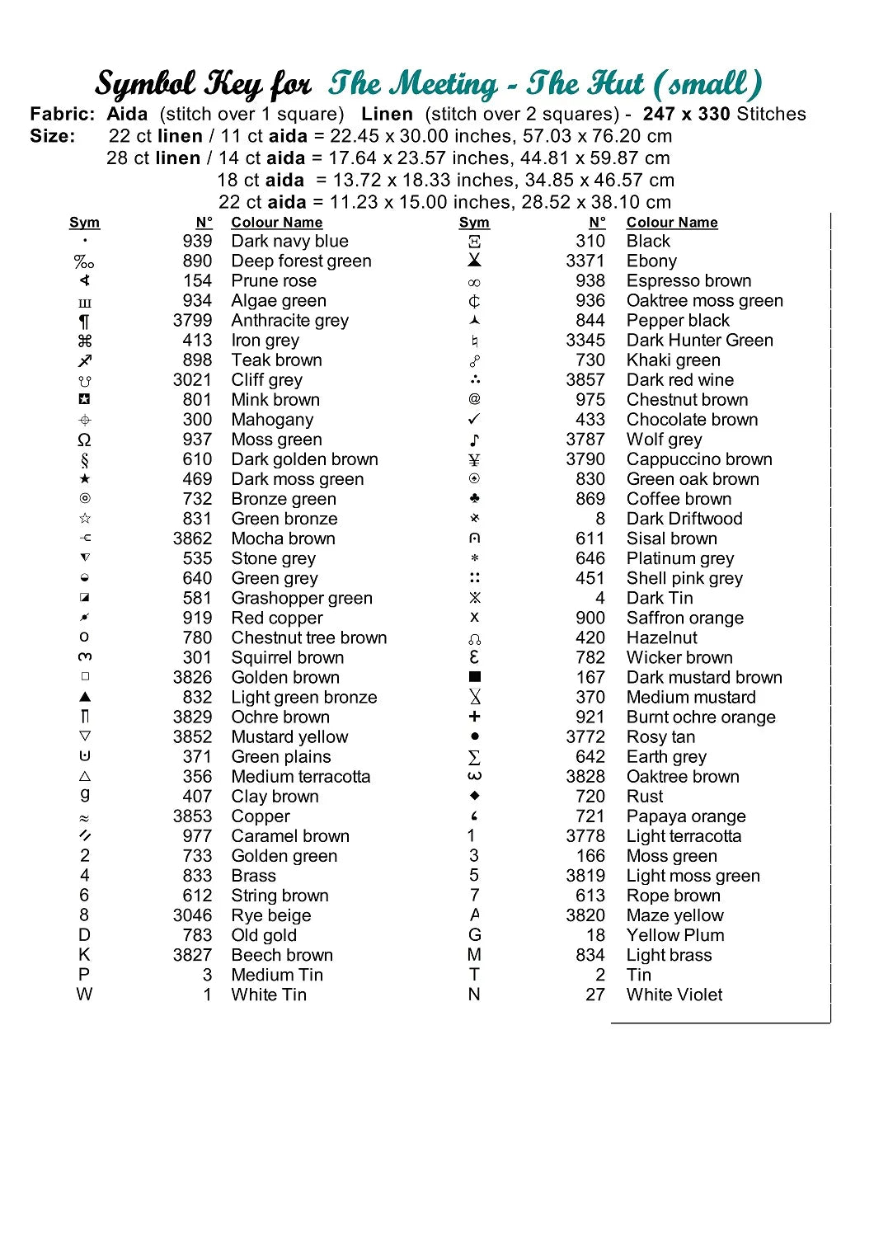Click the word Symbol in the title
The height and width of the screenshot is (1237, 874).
(145, 84)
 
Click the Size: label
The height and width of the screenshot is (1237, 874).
(52, 136)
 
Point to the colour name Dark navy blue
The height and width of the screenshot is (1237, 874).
(289, 241)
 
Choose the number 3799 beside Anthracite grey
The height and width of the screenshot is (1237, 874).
(192, 320)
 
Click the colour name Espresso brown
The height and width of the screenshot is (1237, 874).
(688, 280)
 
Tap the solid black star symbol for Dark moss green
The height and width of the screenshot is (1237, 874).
(85, 479)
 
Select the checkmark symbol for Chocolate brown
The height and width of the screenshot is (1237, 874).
(474, 419)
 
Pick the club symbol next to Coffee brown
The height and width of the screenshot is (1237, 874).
(474, 499)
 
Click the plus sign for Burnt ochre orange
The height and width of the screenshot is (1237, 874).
(474, 717)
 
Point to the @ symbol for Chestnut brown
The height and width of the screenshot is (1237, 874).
(474, 399)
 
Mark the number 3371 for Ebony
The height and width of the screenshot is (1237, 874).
(585, 261)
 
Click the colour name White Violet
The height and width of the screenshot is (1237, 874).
(674, 995)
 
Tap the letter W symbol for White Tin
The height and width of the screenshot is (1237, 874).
(84, 995)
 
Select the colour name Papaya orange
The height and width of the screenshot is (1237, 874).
(685, 816)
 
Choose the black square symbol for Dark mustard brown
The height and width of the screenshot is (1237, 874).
(474, 677)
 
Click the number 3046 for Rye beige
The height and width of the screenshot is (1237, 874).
(192, 915)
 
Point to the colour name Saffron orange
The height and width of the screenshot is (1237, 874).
(684, 618)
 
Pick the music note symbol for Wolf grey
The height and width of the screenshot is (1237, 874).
(474, 440)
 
